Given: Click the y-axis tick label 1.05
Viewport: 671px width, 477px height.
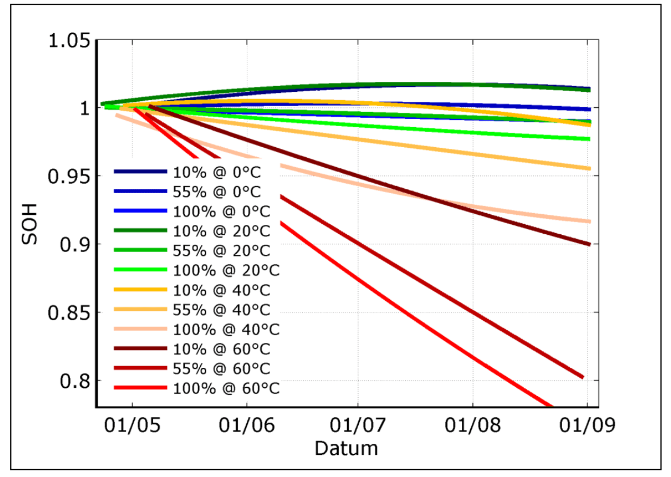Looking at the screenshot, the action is [x=69, y=41].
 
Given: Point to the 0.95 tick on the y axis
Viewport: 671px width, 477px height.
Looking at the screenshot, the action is [x=69, y=176].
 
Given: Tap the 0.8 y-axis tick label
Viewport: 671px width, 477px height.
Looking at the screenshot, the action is [x=75, y=381].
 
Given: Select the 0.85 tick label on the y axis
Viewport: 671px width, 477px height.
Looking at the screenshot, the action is [x=69, y=313].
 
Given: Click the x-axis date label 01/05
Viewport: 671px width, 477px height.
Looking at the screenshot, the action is [x=132, y=425].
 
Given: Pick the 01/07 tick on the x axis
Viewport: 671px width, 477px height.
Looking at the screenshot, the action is [x=358, y=425].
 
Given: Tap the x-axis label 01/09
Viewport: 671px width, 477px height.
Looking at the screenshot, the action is [x=588, y=425].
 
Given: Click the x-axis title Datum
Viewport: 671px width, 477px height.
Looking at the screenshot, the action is [x=346, y=449].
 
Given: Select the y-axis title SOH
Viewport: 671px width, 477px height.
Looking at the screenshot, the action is [x=30, y=224].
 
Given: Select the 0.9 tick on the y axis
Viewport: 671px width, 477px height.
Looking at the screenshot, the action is [x=75, y=245].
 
